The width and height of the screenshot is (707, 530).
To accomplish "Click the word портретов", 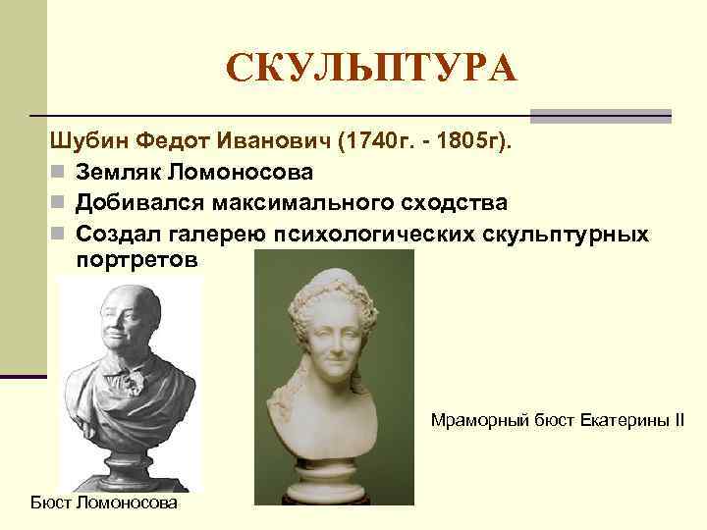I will tap(136, 262).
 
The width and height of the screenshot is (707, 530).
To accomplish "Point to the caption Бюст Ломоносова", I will tap(104, 503).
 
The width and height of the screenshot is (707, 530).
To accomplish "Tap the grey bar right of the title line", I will tap(601, 116).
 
